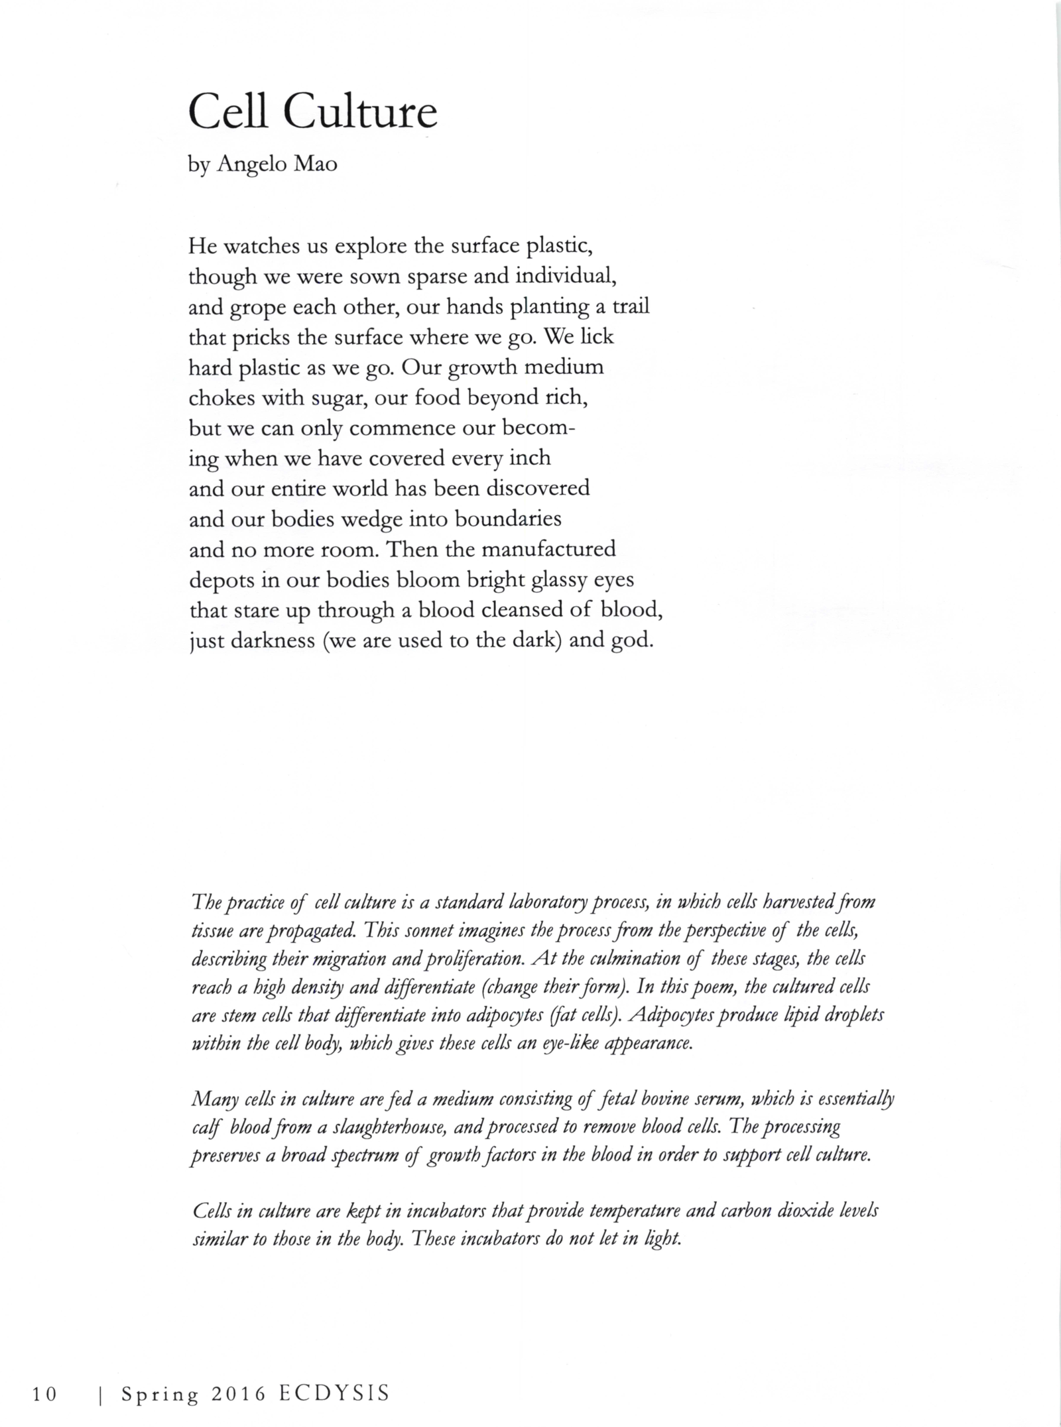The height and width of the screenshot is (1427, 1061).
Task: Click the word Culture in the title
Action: [x=360, y=113]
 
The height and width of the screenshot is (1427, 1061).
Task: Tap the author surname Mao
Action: [x=315, y=164]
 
